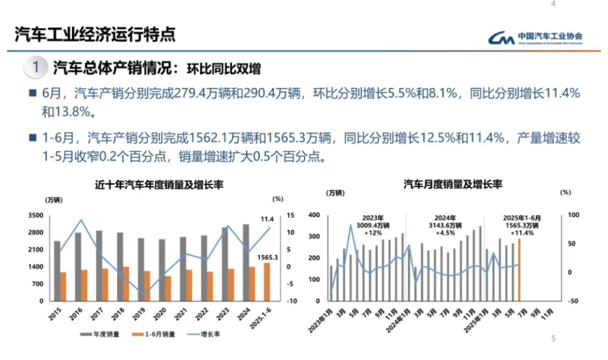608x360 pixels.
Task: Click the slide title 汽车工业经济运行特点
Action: [x=95, y=34]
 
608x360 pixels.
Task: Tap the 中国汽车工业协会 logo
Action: [x=535, y=38]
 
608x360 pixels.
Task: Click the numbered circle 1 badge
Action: [x=35, y=69]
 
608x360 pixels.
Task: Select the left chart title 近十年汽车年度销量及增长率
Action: [x=159, y=185]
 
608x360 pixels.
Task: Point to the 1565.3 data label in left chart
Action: [x=268, y=257]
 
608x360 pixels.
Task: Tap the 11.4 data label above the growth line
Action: [x=267, y=219]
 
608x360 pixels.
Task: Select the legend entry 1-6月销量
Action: [x=155, y=334]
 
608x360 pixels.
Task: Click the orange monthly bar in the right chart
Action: [x=519, y=270]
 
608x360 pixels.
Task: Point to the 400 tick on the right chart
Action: [x=314, y=215]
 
